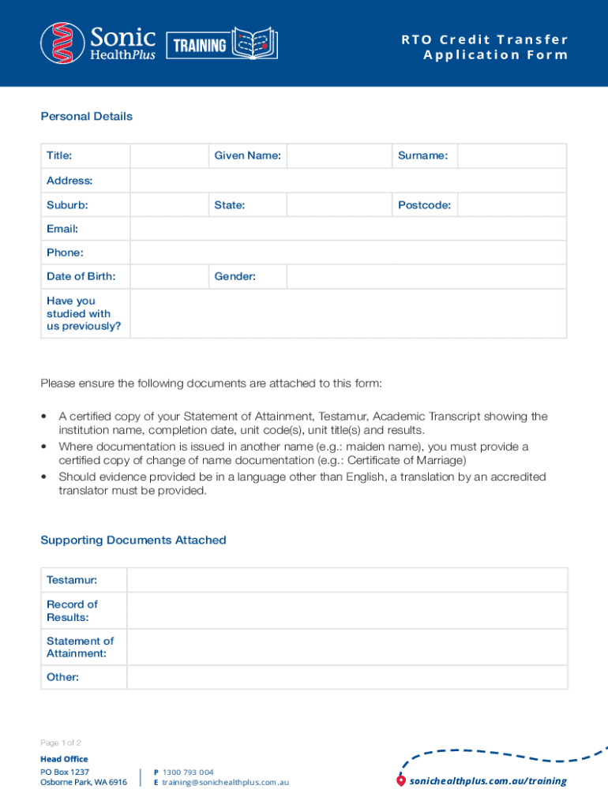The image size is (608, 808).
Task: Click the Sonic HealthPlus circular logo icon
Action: pos(62,43)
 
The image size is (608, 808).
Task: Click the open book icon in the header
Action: pos(255,43)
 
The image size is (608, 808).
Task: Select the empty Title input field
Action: pos(169,156)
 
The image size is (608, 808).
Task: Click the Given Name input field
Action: pos(340,156)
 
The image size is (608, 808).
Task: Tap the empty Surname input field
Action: pos(512,156)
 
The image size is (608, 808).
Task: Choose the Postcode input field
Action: pos(512,205)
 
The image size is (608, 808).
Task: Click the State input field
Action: pos(340,205)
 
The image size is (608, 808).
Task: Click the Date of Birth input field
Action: pos(169,277)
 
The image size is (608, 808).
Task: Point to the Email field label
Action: pos(62,229)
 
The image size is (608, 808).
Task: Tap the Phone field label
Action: pos(65,252)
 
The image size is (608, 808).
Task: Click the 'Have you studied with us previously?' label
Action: pos(83,313)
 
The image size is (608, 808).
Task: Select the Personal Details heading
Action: pos(86,117)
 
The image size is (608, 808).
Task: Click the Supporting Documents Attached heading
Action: pos(133,541)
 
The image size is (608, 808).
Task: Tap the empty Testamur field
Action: pos(347,580)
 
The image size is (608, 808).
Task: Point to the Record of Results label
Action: pos(72,611)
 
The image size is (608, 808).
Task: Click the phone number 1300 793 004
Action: pos(188,772)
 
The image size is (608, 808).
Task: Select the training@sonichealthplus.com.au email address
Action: pos(225,782)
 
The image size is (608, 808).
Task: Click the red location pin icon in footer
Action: pos(401,781)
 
